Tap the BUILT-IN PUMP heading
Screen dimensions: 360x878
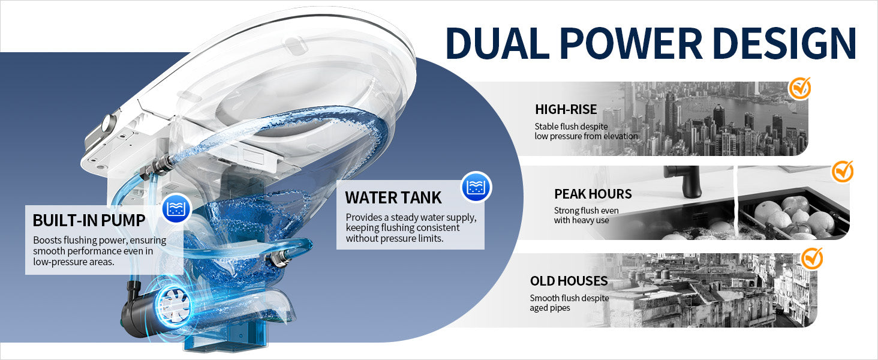click(x=89, y=220)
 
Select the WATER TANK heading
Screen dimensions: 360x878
click(x=393, y=197)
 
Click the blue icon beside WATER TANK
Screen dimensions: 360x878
click(x=476, y=187)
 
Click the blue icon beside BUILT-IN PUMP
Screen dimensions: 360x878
click(x=176, y=209)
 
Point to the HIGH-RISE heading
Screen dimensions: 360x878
click(x=566, y=109)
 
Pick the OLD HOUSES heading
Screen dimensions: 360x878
click(x=569, y=281)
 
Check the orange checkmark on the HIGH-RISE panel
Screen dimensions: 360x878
click(x=799, y=89)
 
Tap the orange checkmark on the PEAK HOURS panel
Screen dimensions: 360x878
click(x=842, y=172)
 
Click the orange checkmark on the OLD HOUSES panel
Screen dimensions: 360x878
click(x=811, y=259)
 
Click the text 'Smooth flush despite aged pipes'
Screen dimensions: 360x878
click(x=569, y=303)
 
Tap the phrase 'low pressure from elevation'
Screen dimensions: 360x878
click(x=586, y=136)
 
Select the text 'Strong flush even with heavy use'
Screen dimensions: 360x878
click(x=586, y=215)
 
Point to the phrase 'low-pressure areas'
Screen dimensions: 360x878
click(x=74, y=262)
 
